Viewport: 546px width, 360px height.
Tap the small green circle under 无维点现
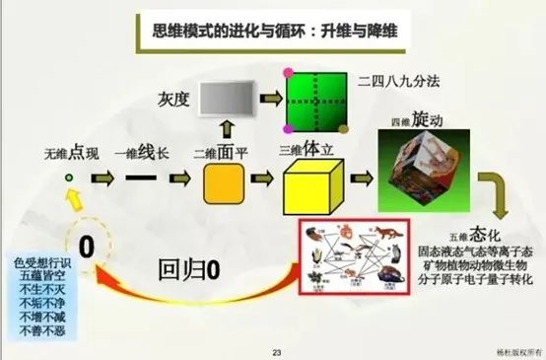[69, 178]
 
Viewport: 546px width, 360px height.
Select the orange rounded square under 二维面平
[223, 183]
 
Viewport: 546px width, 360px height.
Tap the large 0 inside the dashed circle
[86, 243]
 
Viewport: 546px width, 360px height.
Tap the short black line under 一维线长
[142, 180]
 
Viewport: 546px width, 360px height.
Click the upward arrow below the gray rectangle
[224, 130]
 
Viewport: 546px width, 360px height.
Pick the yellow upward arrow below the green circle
[72, 203]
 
